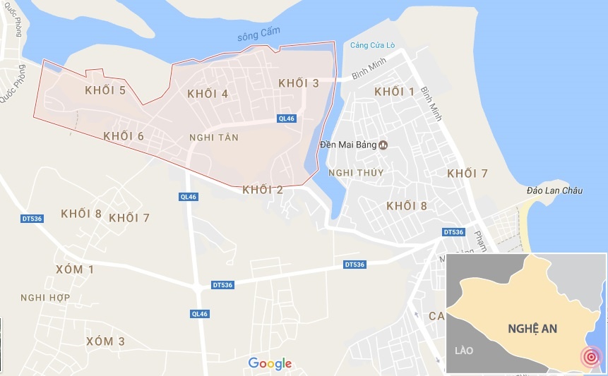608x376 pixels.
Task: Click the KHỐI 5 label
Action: point(105,90)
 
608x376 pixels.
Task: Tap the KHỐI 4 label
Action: point(208,94)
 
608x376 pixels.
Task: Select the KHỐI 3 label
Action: point(299,83)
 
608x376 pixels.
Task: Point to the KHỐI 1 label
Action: point(395,92)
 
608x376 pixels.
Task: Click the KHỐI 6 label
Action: point(124,136)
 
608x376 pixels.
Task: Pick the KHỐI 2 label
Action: point(263,189)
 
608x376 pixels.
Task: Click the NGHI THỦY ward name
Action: point(356,173)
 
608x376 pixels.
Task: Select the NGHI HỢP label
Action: point(45,298)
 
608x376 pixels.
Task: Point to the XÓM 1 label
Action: point(74,269)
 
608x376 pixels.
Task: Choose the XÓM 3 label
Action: point(105,341)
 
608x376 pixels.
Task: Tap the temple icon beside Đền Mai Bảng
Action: point(384,145)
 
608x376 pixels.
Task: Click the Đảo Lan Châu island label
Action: point(555,190)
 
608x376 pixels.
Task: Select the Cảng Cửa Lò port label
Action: point(375,46)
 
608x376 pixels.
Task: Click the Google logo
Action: point(270,363)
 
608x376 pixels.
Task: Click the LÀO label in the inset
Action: point(464,350)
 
